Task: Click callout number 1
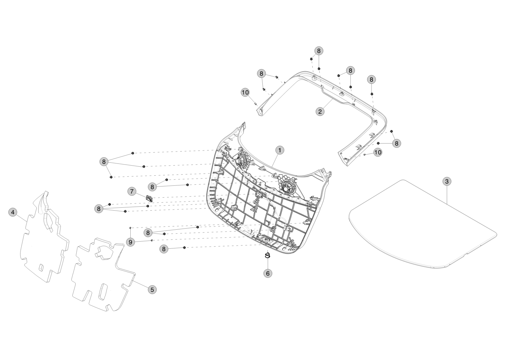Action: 280,150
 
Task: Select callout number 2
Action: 320,112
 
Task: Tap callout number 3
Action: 447,181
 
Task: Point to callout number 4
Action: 13,212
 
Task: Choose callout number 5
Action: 152,290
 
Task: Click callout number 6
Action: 268,273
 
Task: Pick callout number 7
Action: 132,191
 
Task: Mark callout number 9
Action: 130,242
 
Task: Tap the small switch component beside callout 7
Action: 149,198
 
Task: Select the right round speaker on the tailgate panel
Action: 288,188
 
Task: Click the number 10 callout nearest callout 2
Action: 245,93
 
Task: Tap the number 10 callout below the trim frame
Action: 378,152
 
